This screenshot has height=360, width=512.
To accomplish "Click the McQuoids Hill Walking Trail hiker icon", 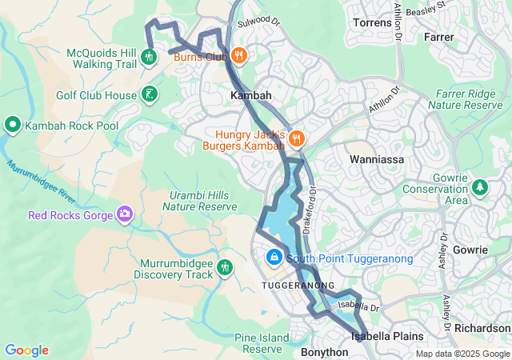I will click(148, 57).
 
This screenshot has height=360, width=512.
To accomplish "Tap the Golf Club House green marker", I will click(150, 95).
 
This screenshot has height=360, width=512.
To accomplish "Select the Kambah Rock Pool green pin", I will click(13, 126).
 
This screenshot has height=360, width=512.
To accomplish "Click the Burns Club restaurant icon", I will click(239, 56).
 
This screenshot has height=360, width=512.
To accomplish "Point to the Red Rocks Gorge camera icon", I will click(124, 214).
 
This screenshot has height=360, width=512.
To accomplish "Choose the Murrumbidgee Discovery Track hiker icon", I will click(226, 266).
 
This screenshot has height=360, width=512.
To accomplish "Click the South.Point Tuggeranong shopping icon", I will click(274, 258).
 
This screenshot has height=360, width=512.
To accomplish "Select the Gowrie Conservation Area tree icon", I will click(479, 187).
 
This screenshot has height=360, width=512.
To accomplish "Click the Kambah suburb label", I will click(251, 95).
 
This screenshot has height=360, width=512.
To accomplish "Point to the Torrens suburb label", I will click(373, 22).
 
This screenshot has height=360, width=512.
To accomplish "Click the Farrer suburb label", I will click(439, 37).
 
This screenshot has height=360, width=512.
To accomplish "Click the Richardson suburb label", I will click(482, 328).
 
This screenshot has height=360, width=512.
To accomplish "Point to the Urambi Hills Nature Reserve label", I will click(200, 201).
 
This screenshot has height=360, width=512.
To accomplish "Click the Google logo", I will click(26, 350).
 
